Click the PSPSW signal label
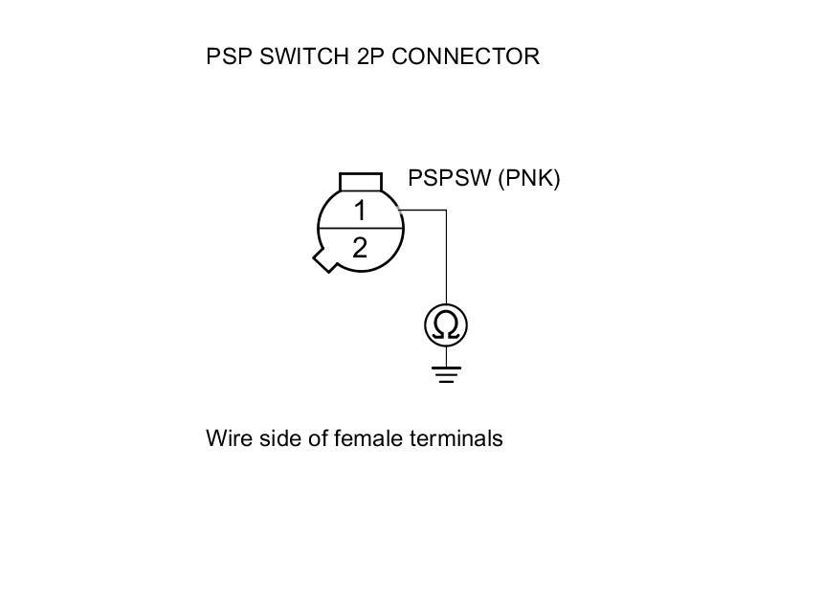pos(450,178)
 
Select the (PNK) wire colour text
pos(528,178)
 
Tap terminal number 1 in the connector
pos(360,211)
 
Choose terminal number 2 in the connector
pos(360,248)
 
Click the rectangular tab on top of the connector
pos(361,182)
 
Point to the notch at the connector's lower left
pos(325,258)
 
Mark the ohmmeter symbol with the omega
pos(446,325)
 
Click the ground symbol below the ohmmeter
pos(446,372)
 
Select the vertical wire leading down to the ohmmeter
pos(446,258)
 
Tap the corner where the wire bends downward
pos(446,210)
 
